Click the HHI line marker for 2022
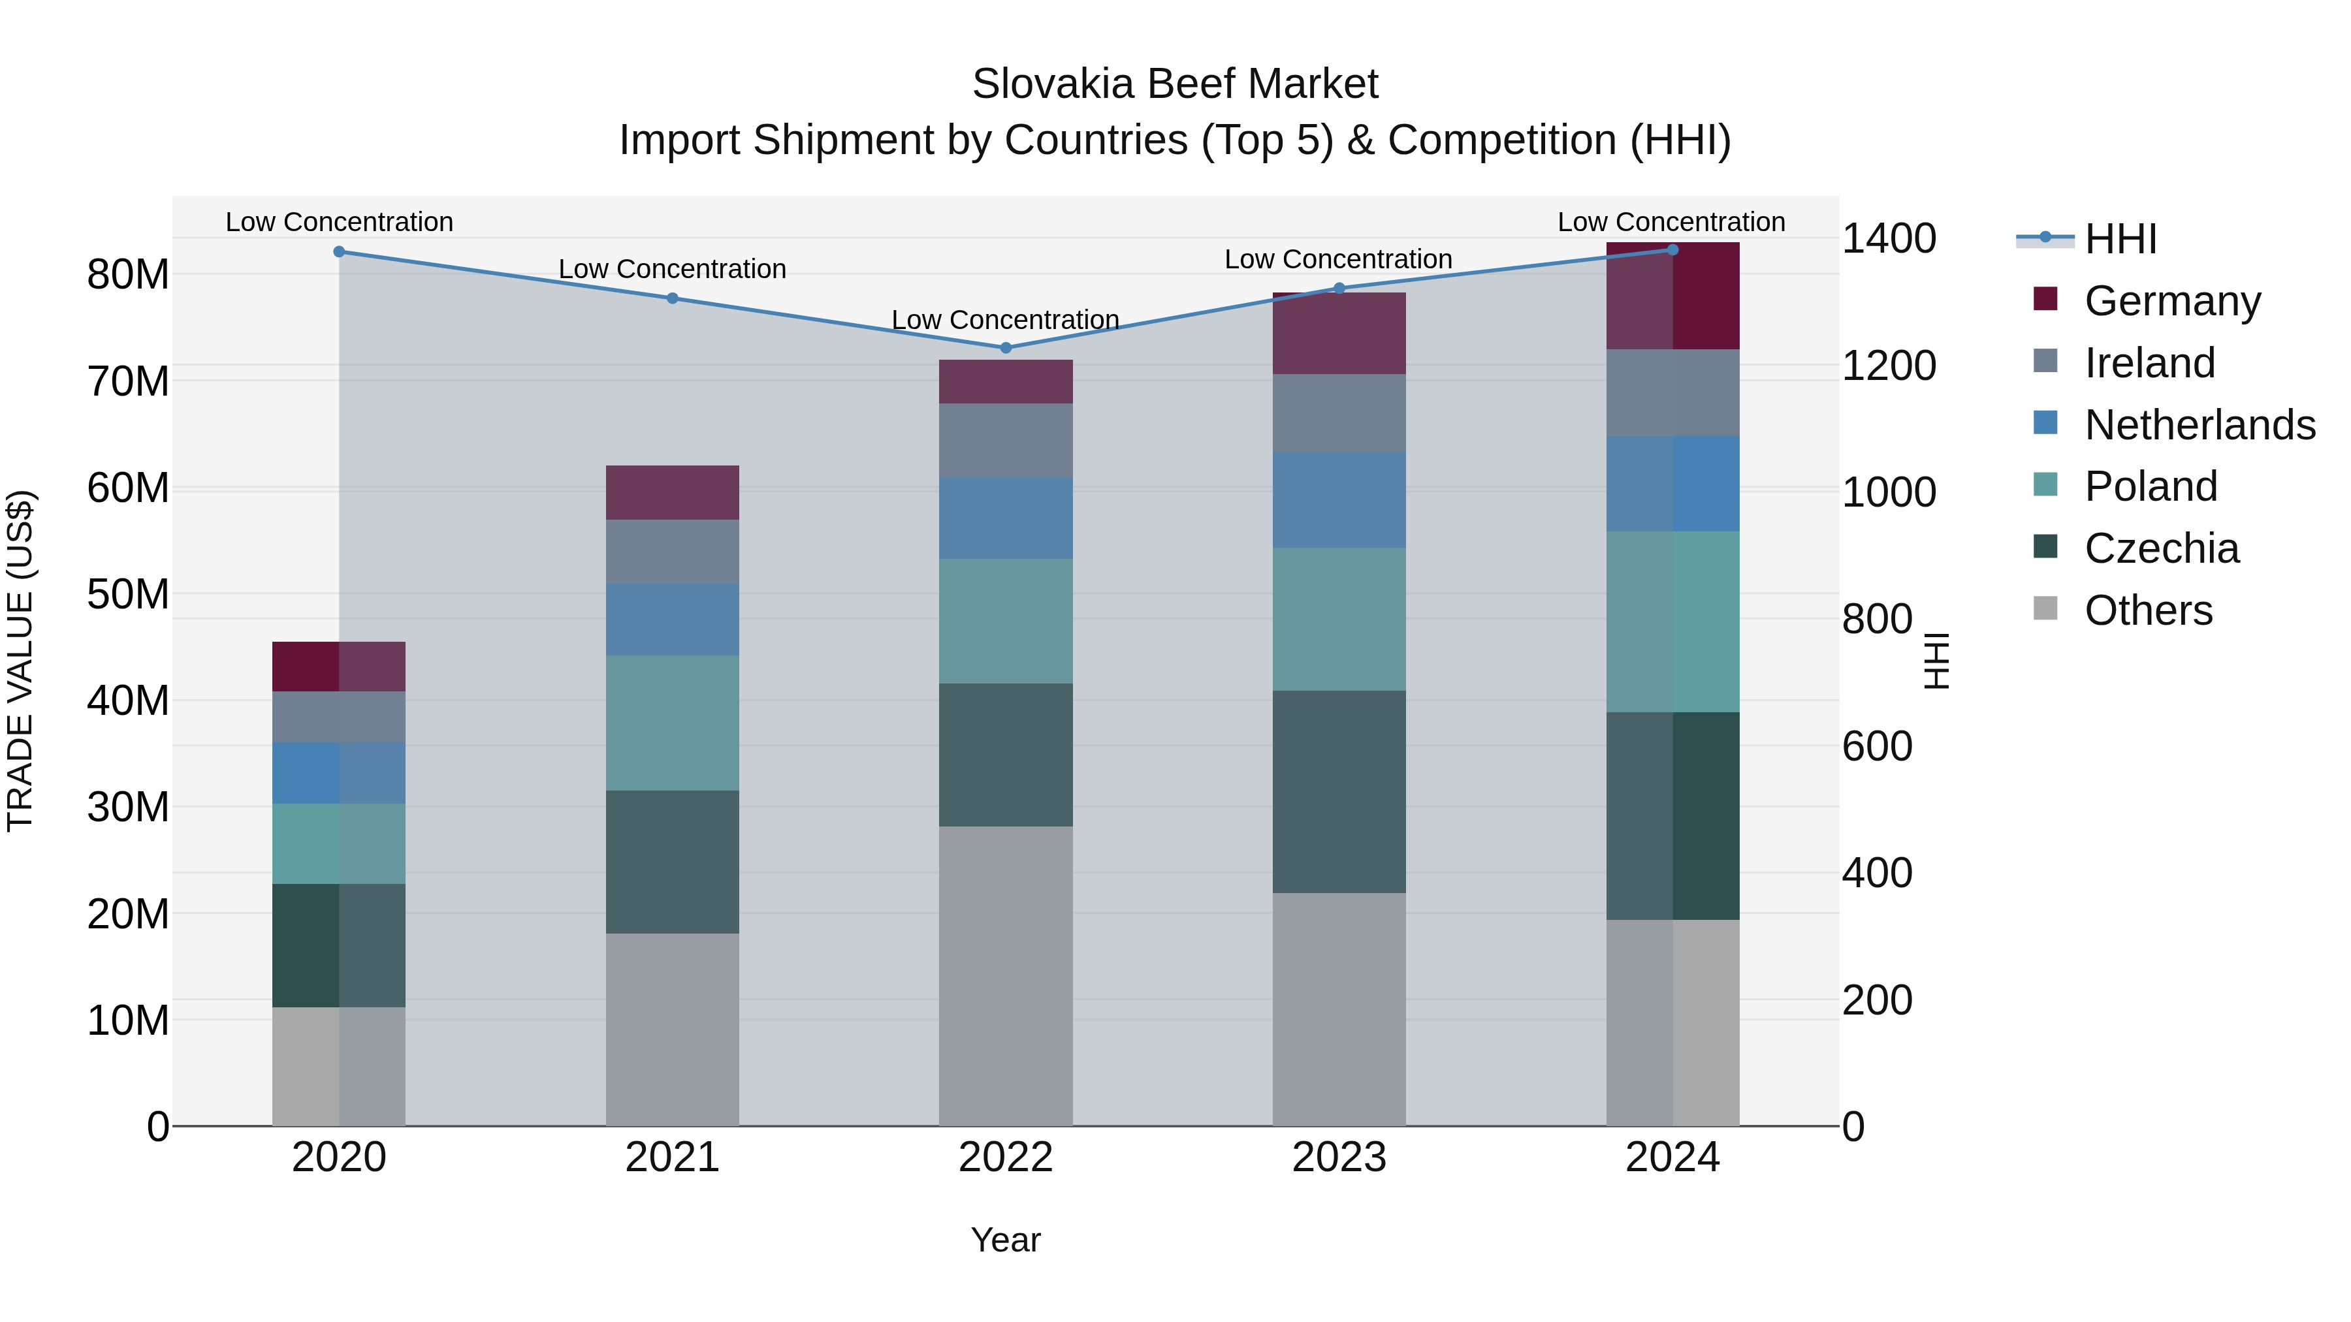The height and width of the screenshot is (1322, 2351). [x=1006, y=347]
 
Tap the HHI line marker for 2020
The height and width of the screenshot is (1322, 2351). [x=338, y=252]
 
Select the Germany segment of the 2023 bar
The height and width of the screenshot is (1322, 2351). [x=1339, y=334]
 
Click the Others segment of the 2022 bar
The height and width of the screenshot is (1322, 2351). [x=1006, y=975]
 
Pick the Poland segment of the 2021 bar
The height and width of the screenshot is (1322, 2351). [x=673, y=723]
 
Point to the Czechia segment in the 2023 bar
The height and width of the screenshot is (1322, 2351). [x=1339, y=791]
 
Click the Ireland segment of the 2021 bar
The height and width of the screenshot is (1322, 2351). [x=673, y=551]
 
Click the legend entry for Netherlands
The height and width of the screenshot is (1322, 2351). [x=2199, y=425]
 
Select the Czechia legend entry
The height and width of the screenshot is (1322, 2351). [x=2161, y=548]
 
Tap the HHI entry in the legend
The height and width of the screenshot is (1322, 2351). [x=2119, y=239]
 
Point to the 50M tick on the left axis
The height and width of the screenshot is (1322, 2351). [x=128, y=595]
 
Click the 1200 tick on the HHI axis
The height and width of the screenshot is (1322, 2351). [x=1888, y=365]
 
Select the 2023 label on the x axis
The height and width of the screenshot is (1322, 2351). [x=1339, y=1157]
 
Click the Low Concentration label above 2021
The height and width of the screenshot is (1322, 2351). [x=673, y=269]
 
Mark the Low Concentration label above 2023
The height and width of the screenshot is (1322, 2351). [x=1338, y=259]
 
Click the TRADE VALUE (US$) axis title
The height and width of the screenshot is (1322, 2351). [x=20, y=661]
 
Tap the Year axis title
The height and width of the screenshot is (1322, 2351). [x=1006, y=1240]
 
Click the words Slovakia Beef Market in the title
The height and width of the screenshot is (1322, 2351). [x=1175, y=84]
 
